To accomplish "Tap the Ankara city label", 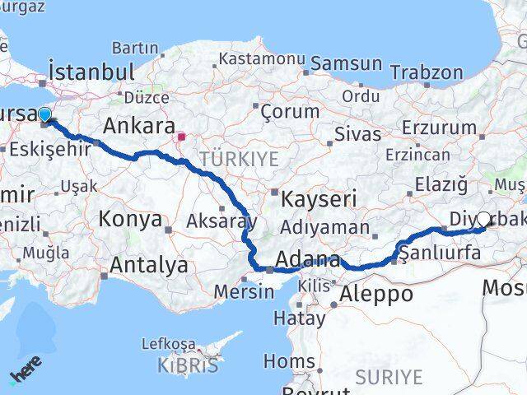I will pos(138,127).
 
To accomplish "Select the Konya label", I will pos(130,219).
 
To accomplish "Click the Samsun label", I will pos(347,63).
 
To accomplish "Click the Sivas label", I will pos(358,134).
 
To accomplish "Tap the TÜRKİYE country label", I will pos(239,160).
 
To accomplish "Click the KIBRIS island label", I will pos(190,365).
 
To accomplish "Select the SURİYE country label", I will pos(389,377).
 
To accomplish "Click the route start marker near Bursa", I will pos(44,115).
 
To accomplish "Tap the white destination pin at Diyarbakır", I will pos(483,220).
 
